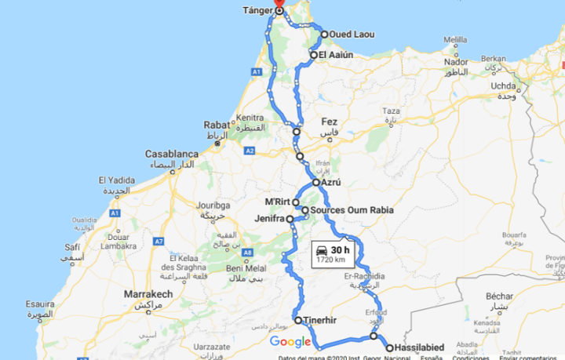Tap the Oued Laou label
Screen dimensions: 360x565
click(x=349, y=35)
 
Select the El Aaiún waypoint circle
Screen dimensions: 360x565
click(x=313, y=55)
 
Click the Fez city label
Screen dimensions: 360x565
click(x=329, y=122)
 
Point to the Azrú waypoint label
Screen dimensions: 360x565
click(x=330, y=183)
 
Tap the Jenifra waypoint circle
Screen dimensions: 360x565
click(x=290, y=219)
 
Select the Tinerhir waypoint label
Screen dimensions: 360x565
click(x=320, y=320)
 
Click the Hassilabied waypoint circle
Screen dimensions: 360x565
click(x=389, y=347)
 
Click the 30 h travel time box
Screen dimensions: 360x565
click(x=334, y=254)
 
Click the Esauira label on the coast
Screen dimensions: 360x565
click(x=39, y=304)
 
